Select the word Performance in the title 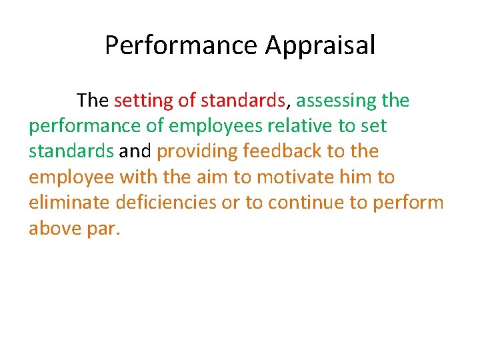(181, 45)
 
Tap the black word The (93, 101)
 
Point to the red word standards (243, 101)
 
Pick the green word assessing (337, 101)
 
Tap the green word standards (71, 151)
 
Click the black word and (135, 151)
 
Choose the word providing (197, 152)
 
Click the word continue (306, 203)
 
